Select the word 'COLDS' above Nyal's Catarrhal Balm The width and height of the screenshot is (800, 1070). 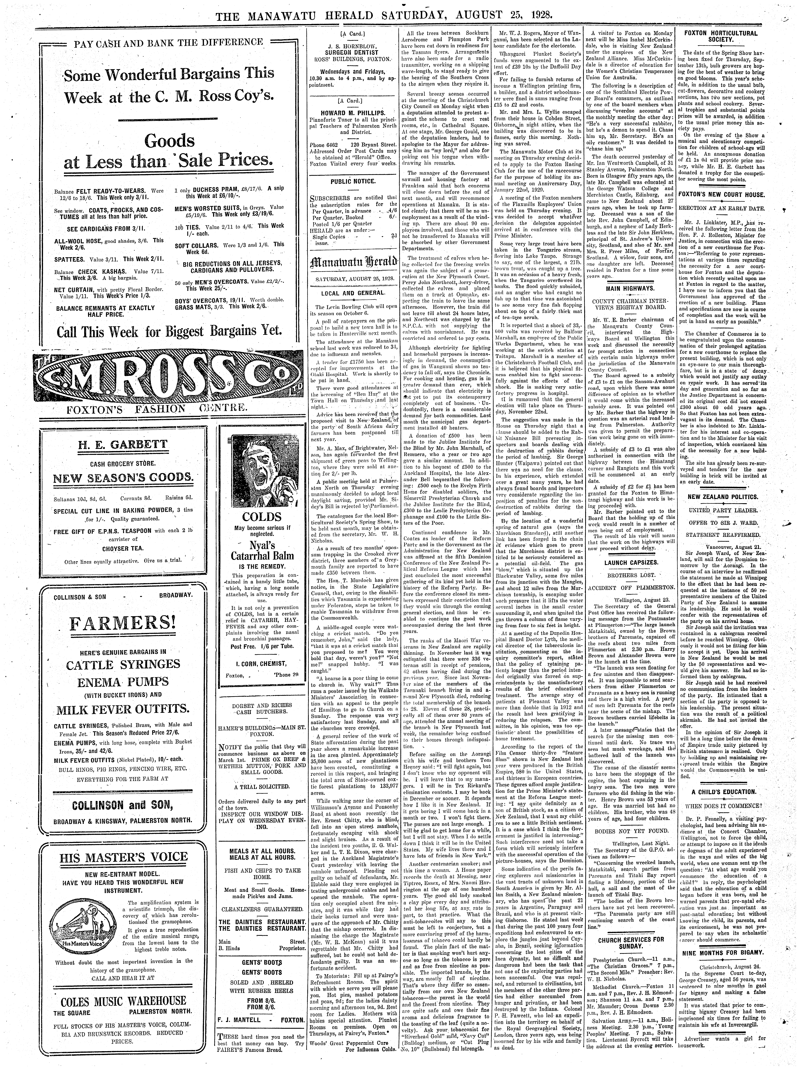tap(262, 517)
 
